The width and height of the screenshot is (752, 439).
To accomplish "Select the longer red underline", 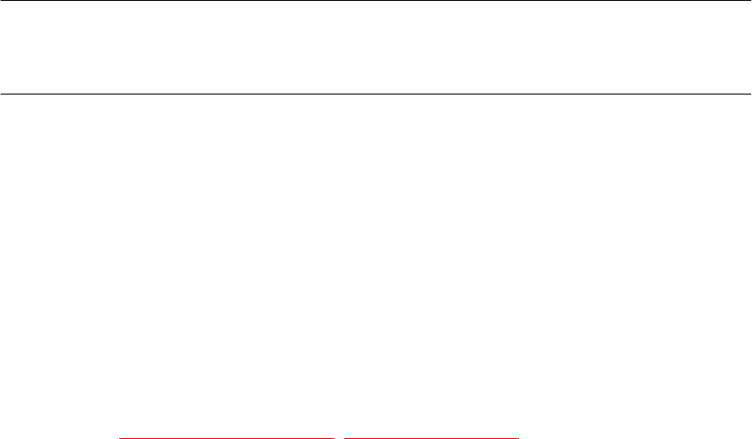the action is point(229,437).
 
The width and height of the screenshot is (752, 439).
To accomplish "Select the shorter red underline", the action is point(432,437).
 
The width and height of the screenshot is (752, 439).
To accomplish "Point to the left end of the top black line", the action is point(1,1).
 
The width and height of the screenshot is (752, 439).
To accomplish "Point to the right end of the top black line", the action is point(750,1).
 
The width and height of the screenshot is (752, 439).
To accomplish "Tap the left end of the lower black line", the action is point(1,93).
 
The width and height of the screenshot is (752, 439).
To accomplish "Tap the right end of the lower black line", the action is point(750,93).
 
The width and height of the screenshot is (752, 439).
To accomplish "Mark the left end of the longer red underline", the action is point(120,437).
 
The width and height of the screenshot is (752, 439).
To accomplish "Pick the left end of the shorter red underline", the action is point(345,437).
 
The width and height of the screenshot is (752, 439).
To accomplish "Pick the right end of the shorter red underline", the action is point(519,437).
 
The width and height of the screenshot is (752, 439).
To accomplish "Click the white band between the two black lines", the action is point(376,47).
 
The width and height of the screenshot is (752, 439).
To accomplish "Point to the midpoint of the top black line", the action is point(376,1).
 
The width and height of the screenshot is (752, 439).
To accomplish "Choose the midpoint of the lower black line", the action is point(376,93).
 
